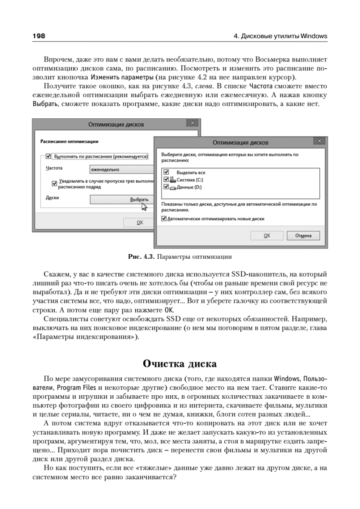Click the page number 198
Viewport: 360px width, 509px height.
click(39, 36)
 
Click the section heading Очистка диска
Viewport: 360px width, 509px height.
click(179, 364)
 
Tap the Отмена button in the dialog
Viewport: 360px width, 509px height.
click(303, 235)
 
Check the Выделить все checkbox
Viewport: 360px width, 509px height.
click(166, 172)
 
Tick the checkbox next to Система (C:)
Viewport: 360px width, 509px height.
click(166, 179)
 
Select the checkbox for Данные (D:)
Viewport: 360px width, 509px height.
click(166, 187)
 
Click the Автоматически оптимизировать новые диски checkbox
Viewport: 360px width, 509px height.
click(165, 219)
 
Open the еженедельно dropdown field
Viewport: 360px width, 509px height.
click(121, 169)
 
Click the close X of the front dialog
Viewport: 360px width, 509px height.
click(320, 141)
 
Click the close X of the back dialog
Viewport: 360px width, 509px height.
click(193, 123)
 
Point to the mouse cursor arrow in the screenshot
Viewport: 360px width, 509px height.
click(144, 207)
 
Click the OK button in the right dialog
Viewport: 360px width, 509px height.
click(267, 235)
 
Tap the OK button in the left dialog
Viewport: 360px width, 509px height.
click(140, 222)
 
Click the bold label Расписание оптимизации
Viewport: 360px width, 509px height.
click(69, 141)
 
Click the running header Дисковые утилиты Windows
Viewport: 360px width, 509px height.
click(280, 36)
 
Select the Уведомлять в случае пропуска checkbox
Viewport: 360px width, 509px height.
click(54, 183)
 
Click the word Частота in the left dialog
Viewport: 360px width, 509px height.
click(54, 168)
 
